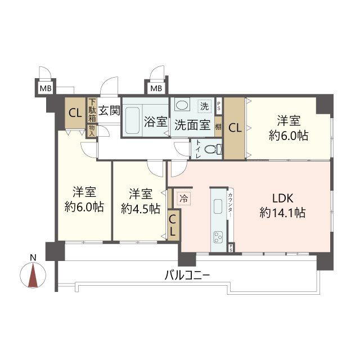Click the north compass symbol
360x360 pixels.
pos(33,276)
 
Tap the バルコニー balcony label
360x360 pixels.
pos(187,276)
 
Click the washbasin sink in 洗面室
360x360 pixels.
pos(182,105)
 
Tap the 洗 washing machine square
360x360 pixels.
pos(206,105)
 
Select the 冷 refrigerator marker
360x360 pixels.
pos(183,198)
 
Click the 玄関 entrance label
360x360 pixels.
pos(109,110)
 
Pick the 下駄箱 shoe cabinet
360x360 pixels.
pos(92,111)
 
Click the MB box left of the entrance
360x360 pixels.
pos(45,88)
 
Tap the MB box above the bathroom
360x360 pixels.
pos(156,88)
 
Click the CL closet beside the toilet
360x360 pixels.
pos(235,128)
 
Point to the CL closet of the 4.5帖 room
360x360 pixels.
pos(173,224)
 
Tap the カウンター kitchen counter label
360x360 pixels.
pos(231,206)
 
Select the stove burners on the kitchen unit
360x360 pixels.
pos(217,238)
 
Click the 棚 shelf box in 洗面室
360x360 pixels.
pos(218,127)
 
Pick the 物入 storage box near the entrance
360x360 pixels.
pos(92,130)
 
